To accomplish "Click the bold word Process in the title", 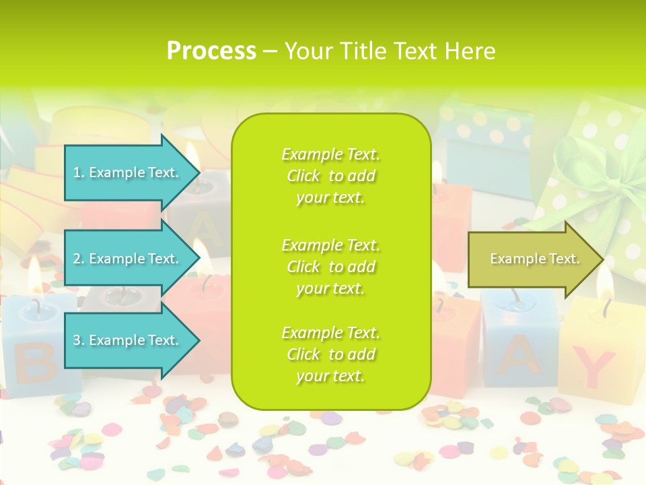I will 211,51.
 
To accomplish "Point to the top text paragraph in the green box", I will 330,176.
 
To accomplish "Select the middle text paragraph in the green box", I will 330,267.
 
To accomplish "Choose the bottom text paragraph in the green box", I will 330,354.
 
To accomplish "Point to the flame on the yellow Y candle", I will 605,284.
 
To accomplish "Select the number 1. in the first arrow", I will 79,172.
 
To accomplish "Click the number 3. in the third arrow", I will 79,340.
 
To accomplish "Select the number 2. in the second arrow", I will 79,259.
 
